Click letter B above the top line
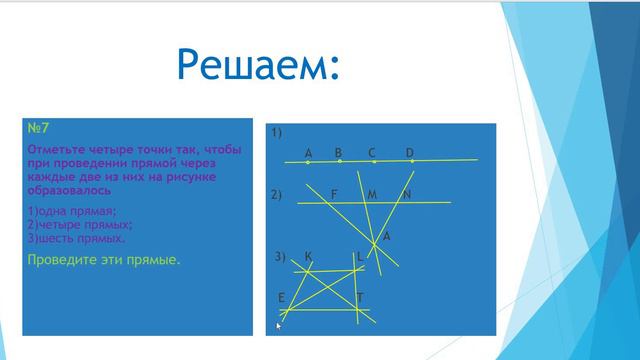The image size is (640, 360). tap(339, 152)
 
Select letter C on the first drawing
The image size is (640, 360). tap(371, 152)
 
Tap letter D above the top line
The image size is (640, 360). tap(409, 152)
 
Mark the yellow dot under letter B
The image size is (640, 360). tap(340, 160)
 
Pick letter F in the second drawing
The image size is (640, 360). tap(334, 193)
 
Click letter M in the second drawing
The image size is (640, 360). tap(371, 193)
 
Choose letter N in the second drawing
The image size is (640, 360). tap(407, 193)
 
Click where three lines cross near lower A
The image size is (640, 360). tap(377, 242)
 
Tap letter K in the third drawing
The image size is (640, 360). tap(308, 257)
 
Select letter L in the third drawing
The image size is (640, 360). tap(360, 257)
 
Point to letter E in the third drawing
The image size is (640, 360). tap(282, 297)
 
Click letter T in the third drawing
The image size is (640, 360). tap(360, 297)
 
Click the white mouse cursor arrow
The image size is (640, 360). tap(281, 325)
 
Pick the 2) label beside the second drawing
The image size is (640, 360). tap(278, 194)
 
